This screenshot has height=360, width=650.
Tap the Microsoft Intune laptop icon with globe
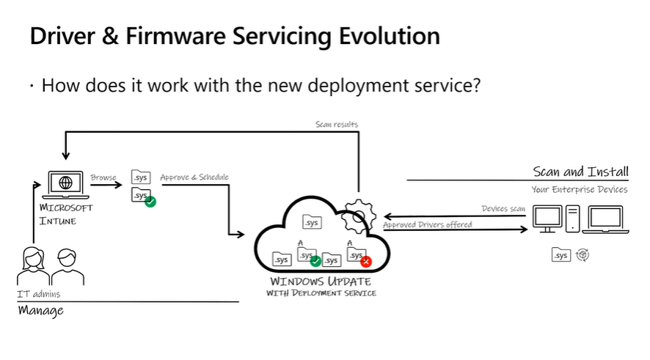66,183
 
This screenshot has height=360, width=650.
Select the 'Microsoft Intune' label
67,214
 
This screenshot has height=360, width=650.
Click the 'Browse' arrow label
103,177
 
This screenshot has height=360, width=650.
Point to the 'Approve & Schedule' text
194,177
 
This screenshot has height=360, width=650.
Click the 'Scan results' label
337,125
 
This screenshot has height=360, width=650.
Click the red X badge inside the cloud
366,261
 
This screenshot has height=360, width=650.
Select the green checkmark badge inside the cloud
315,261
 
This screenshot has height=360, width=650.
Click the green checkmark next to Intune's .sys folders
150,201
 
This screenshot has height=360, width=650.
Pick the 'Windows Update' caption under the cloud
321,282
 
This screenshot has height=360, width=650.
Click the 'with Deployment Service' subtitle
321,293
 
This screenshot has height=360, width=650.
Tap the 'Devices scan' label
503,209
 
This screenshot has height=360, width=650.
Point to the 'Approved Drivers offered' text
428,224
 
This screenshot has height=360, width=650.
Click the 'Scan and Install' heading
580,172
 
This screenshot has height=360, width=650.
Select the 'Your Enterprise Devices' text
580,189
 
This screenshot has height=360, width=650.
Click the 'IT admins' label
39,294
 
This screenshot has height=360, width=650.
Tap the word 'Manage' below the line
40,311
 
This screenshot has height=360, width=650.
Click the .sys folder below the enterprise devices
561,255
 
